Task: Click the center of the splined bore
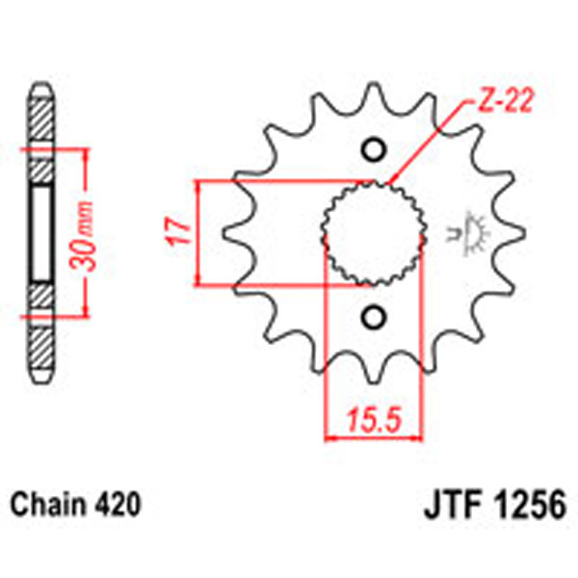pos(373,233)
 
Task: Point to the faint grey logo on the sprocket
pos(471,231)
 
